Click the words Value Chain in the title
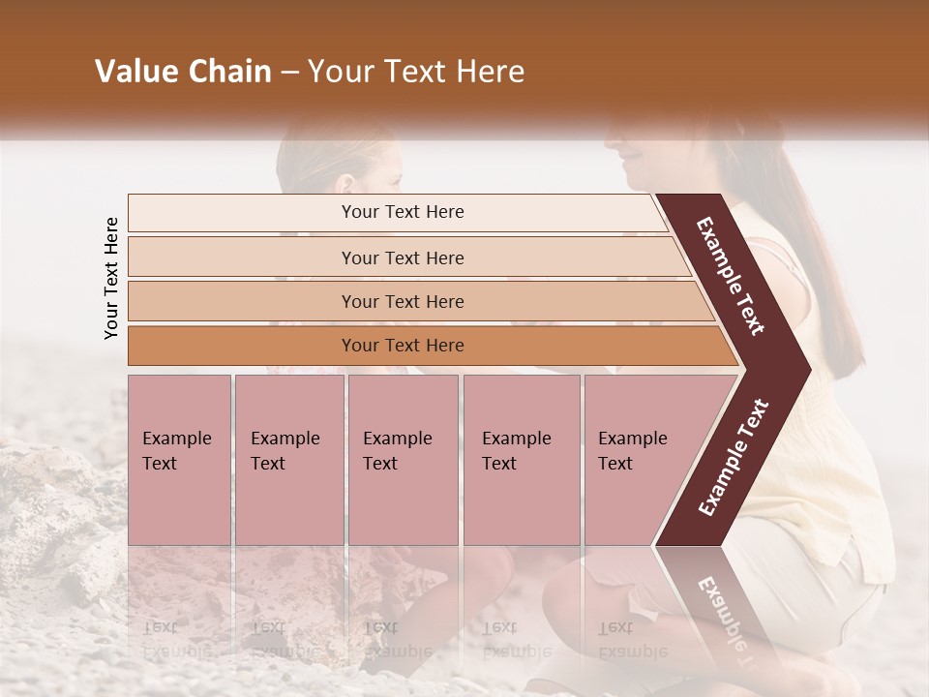tap(183, 72)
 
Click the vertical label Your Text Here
tap(111, 278)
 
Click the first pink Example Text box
tap(179, 460)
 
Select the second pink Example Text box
tap(288, 460)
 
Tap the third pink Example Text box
tap(403, 460)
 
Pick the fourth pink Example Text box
tap(521, 460)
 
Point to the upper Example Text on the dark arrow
tap(731, 276)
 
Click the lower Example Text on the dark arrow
tap(734, 458)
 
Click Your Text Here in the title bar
tap(416, 72)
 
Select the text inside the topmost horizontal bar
tap(403, 212)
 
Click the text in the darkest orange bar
tap(403, 346)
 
